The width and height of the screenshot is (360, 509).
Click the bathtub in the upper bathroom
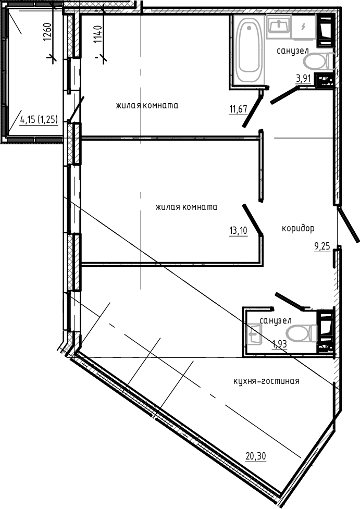pos(249,50)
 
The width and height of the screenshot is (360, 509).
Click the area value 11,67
pos(237,109)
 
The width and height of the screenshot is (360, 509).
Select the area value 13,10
pos(238,230)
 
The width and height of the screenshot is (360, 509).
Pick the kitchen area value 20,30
pos(256,456)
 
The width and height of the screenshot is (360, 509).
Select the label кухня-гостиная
pos(266,381)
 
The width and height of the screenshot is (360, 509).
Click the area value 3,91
pos(304,79)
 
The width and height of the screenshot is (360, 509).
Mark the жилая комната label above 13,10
pos(186,207)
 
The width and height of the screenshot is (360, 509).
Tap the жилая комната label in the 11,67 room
pos(147,105)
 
